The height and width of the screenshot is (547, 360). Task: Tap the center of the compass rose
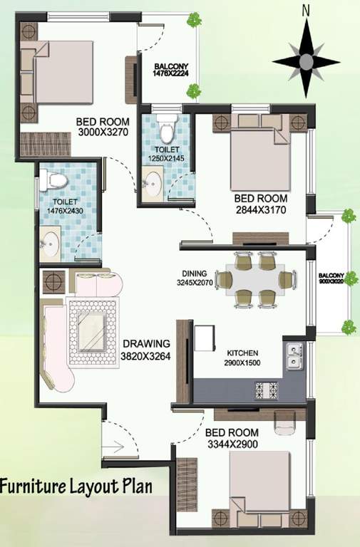point(306,61)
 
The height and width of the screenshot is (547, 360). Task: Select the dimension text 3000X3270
point(102,132)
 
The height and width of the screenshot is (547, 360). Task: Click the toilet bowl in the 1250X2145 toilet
point(167,131)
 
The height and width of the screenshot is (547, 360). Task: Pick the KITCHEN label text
point(242,353)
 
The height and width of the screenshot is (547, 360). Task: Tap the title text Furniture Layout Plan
point(76,487)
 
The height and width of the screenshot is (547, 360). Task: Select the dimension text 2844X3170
point(261,210)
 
